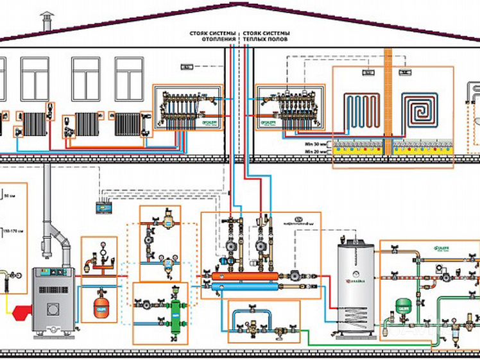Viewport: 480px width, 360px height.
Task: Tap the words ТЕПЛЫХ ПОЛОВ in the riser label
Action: tap(266, 40)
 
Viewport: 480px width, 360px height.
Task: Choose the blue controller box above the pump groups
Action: tap(103, 208)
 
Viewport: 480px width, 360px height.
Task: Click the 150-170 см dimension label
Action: tap(10, 231)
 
